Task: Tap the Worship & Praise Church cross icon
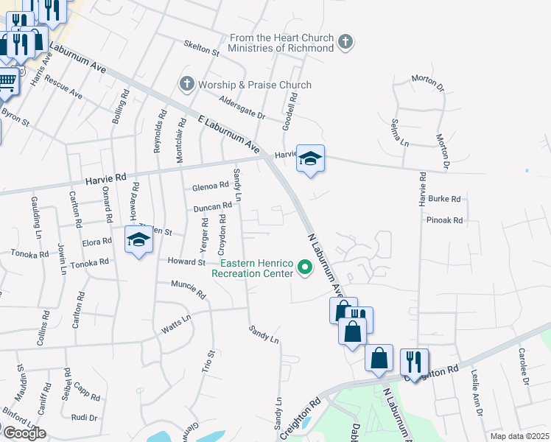click(186, 85)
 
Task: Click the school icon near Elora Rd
click(138, 241)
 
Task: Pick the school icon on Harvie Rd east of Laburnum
click(310, 158)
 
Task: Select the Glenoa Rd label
click(211, 186)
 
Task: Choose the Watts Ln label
click(176, 324)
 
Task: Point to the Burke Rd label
click(444, 199)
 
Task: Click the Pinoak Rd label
click(444, 220)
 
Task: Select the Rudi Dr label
click(85, 417)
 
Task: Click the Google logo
click(24, 433)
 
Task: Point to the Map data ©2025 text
click(520, 436)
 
